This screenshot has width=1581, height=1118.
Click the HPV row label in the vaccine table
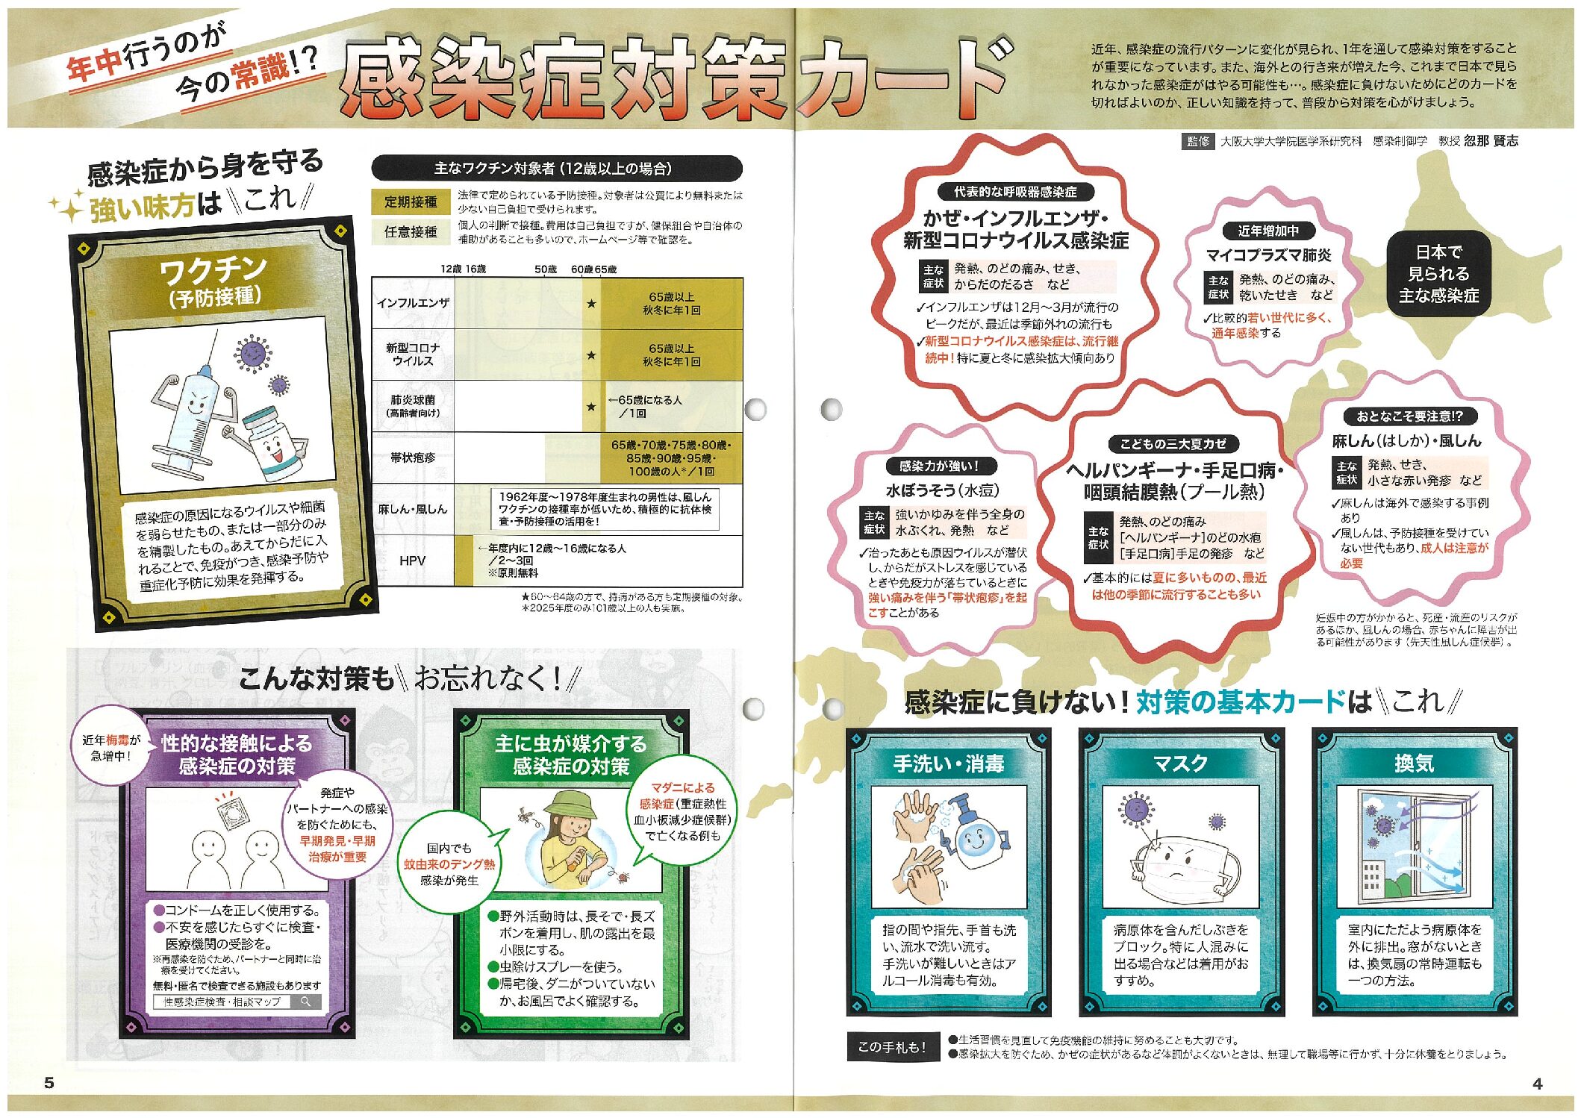[412, 560]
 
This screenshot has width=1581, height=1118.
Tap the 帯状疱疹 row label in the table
[412, 457]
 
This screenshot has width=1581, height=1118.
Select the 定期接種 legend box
[411, 202]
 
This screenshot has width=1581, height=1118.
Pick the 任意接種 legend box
[411, 232]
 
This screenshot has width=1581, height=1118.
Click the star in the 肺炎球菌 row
[591, 407]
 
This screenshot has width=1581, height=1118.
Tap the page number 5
[49, 1083]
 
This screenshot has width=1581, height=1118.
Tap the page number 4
[1537, 1084]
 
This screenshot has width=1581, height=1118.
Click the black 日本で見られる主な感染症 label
[1438, 274]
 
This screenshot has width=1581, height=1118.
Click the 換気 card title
[1414, 763]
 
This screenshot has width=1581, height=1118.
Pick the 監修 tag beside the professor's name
[1198, 141]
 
